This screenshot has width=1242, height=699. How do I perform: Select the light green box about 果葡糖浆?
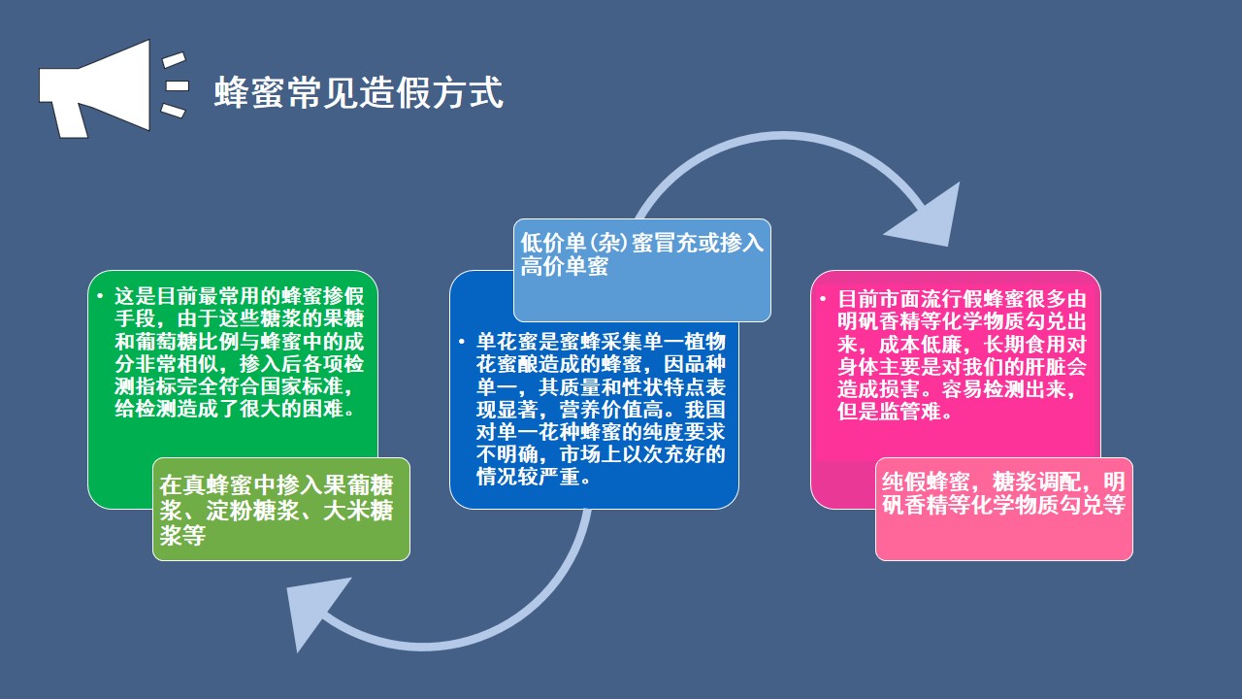[280, 509]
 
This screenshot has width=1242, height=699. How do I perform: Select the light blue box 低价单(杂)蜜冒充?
[641, 270]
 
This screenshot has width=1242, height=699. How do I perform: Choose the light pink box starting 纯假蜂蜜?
[1003, 509]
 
